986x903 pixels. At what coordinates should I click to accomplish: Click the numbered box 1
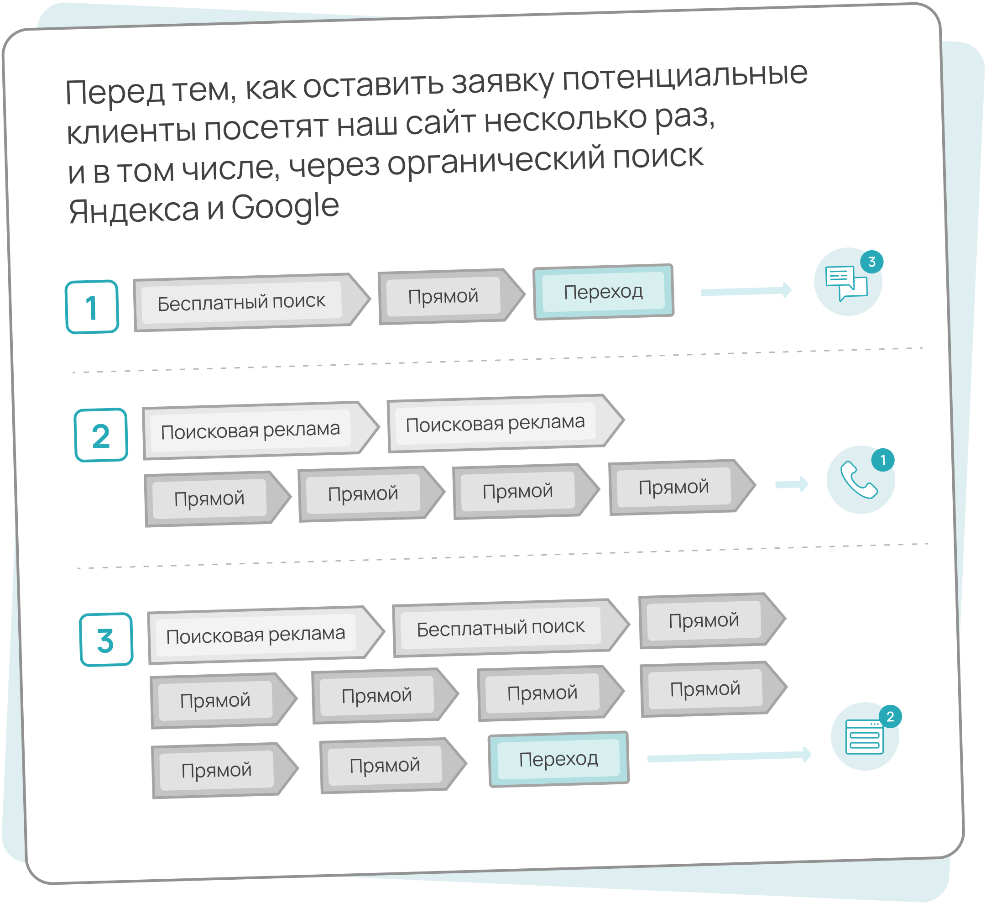coord(92,307)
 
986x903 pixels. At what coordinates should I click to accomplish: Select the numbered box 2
coord(101,436)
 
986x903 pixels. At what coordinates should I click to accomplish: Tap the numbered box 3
coord(106,640)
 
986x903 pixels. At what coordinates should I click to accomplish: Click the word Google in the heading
coord(285,206)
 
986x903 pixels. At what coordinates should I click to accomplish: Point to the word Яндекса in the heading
coord(134,210)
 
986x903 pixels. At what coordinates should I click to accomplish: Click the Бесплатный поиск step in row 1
coord(242,302)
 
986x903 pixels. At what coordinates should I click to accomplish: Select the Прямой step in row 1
coord(443,296)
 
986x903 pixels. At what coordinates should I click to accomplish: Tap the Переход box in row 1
coord(604,292)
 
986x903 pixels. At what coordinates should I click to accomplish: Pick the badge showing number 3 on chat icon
coord(871,262)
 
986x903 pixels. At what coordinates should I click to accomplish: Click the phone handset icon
coord(859,481)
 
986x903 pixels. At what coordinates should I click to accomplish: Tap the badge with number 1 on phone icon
coord(883,460)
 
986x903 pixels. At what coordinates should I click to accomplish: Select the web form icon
coord(864,737)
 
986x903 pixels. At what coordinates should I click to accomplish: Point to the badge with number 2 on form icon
coord(890,717)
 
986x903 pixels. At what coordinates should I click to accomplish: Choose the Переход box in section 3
coord(558,759)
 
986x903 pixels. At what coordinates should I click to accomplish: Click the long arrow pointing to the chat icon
coord(746,292)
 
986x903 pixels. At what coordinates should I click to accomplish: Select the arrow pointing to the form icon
coord(729,756)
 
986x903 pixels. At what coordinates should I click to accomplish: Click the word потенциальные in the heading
coord(685,77)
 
